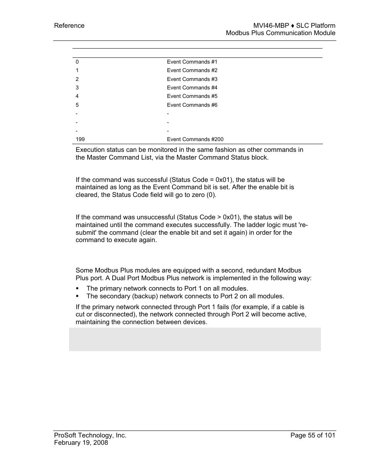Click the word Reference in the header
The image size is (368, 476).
[69, 26]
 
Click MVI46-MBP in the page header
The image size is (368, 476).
[271, 26]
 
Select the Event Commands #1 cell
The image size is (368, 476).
[192, 62]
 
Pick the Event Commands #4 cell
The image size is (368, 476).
[192, 88]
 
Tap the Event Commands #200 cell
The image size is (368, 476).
[195, 140]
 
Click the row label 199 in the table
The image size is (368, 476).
[80, 140]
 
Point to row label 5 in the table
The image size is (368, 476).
[77, 105]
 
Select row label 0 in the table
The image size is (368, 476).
[77, 62]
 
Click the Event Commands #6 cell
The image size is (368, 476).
[192, 105]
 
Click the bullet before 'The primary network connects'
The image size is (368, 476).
[77, 289]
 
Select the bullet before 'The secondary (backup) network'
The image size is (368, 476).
[77, 296]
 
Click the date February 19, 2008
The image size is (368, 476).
[81, 443]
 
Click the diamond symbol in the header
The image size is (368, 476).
[292, 26]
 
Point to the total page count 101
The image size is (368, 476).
[330, 436]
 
